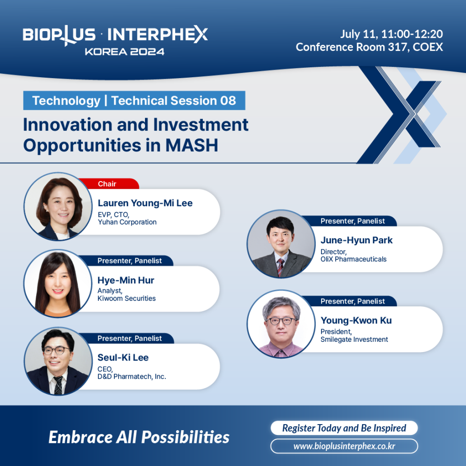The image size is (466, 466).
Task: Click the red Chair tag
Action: tap(109, 184)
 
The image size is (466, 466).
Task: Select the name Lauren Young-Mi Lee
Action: tap(145, 203)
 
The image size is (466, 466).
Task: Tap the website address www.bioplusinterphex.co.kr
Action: tap(344, 446)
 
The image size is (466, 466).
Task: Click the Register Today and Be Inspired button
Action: tap(344, 428)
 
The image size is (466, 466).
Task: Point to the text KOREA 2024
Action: tap(125, 52)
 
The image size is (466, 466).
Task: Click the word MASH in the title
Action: tap(192, 145)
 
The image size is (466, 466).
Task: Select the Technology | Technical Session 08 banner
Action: tap(134, 100)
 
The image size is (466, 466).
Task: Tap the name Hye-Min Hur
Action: tap(126, 280)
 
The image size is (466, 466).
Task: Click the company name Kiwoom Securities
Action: tap(127, 298)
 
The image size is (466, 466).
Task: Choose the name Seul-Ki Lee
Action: tap(123, 358)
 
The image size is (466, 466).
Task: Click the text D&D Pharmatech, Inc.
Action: tap(132, 377)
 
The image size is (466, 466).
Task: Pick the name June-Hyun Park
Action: tap(357, 240)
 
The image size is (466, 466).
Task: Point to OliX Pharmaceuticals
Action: tap(354, 259)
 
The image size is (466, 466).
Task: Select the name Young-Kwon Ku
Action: tap(356, 321)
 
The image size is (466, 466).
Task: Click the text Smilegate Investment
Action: tap(354, 339)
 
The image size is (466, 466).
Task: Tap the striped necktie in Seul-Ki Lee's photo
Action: tap(58, 385)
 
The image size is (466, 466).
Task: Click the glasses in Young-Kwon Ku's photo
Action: tap(282, 321)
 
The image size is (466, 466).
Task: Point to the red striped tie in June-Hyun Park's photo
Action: tap(280, 267)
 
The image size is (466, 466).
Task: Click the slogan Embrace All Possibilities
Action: tap(139, 437)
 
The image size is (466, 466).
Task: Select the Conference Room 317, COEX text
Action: tap(370, 47)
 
